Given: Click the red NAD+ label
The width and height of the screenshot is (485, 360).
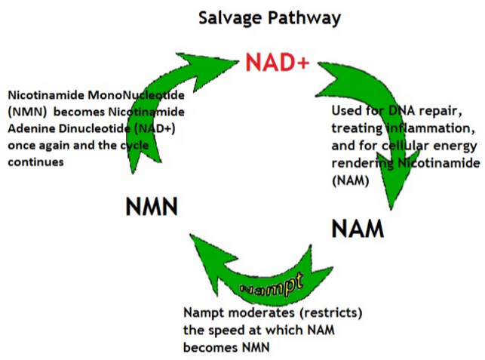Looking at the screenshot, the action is (x=277, y=62).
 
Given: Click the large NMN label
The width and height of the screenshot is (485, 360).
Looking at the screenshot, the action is (x=152, y=207).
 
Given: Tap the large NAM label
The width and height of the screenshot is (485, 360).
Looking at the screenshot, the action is (x=358, y=229).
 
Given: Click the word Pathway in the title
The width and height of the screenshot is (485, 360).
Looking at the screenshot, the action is (x=305, y=18).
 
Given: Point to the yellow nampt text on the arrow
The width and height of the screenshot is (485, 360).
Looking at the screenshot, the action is (x=272, y=285).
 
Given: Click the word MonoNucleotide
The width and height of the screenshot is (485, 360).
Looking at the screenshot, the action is (x=136, y=95).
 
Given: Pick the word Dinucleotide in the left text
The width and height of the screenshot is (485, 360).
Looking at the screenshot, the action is (x=94, y=128).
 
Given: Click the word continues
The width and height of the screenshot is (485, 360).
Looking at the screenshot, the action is (x=36, y=162).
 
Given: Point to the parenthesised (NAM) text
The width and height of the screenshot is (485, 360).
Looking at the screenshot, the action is (x=351, y=180).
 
